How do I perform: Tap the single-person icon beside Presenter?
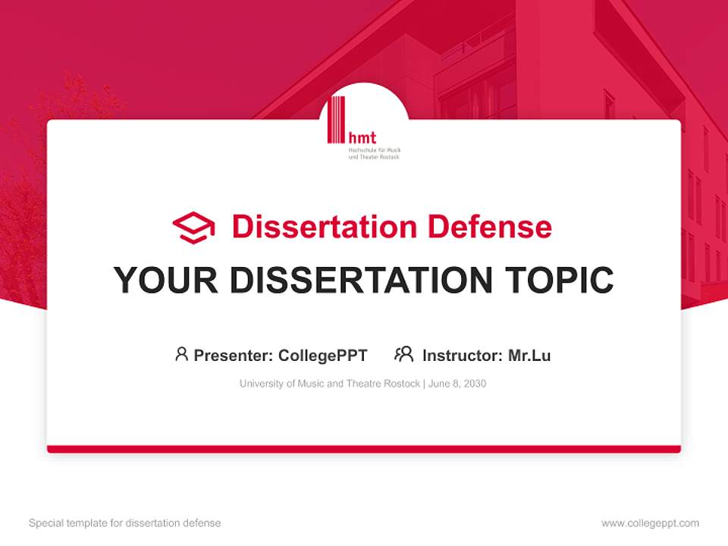click(181, 354)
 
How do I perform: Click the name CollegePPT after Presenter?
click(323, 356)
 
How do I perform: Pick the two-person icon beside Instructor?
click(403, 354)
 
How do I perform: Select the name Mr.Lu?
click(529, 356)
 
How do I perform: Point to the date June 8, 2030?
click(457, 384)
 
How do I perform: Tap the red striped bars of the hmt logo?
click(336, 119)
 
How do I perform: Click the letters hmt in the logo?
click(362, 138)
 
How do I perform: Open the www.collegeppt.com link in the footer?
click(650, 523)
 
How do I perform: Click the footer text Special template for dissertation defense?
click(125, 523)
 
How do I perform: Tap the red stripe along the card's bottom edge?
click(364, 449)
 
